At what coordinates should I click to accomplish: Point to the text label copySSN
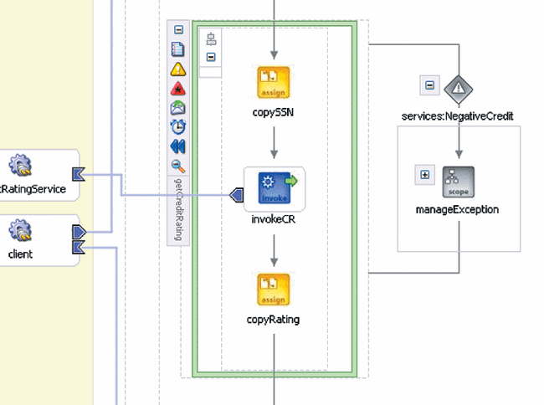pyautogui.click(x=273, y=111)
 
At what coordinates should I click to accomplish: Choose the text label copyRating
pyautogui.click(x=273, y=319)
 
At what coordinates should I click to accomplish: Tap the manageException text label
pyautogui.click(x=459, y=209)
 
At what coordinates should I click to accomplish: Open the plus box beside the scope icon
pyautogui.click(x=425, y=175)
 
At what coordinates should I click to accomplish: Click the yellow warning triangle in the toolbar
pyautogui.click(x=178, y=69)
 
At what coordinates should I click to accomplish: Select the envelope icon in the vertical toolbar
pyautogui.click(x=178, y=107)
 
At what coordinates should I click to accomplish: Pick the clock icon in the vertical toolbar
pyautogui.click(x=178, y=126)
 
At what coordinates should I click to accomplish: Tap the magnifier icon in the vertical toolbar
pyautogui.click(x=178, y=165)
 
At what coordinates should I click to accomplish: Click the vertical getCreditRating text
pyautogui.click(x=178, y=208)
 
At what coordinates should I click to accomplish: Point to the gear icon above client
pyautogui.click(x=20, y=228)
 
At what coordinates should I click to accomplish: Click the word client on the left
pyautogui.click(x=20, y=254)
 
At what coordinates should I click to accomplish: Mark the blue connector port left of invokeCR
pyautogui.click(x=237, y=195)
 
